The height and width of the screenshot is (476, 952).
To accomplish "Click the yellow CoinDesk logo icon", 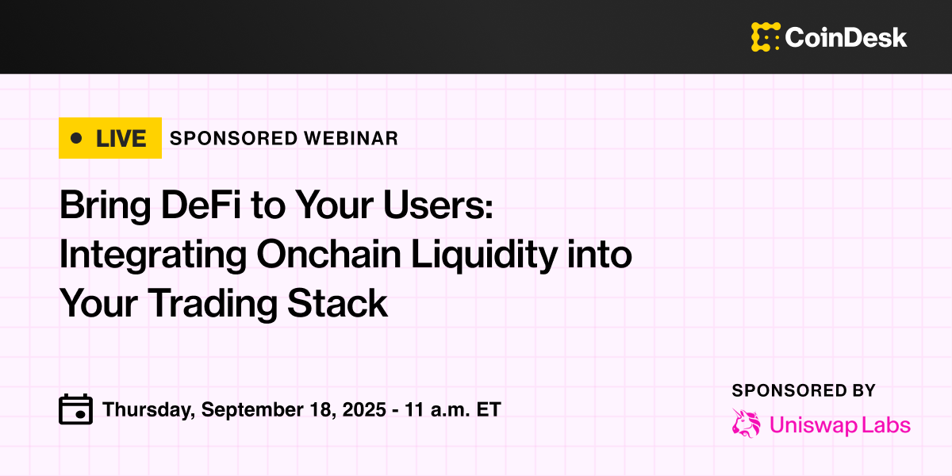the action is tap(766, 37).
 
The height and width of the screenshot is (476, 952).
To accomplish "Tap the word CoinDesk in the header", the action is tap(846, 37).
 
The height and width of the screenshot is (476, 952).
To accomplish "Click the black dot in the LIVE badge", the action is tap(76, 138).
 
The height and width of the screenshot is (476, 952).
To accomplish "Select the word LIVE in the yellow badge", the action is tap(121, 139).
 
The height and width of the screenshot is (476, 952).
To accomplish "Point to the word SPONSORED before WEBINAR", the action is tap(234, 139).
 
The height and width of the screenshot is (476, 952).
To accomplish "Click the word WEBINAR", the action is tap(351, 139).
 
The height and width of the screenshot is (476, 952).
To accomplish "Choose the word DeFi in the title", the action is tap(201, 205).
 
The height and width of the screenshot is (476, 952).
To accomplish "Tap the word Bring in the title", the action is tap(106, 206).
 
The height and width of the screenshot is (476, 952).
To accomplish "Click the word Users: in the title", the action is tap(438, 205).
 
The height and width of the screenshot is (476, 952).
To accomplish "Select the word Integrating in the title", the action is tap(153, 255).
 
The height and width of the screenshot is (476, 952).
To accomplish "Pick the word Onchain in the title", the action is tap(329, 254).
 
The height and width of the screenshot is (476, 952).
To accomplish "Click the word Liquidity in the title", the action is tap(485, 255).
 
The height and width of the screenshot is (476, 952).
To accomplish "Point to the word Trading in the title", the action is tap(212, 305).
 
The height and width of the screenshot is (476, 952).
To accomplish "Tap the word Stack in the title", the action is tap(337, 303).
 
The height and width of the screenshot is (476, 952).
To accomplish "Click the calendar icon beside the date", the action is tap(75, 409).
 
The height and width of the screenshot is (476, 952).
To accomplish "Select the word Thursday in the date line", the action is tap(148, 410).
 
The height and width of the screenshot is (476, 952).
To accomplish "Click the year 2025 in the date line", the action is tap(364, 409).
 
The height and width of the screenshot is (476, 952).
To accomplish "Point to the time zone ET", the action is tap(489, 409).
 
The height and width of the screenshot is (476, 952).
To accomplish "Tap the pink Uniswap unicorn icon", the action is tap(747, 424).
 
